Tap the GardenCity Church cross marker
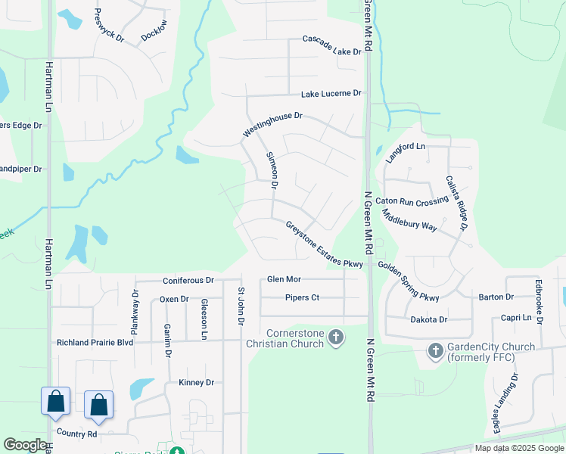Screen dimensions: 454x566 point(435,350)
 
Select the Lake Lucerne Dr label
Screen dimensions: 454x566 point(331,94)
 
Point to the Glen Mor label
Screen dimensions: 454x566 point(285,280)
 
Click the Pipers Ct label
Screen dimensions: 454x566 point(302,298)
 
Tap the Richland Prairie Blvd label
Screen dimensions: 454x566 point(95,342)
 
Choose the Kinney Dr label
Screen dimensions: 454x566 point(197,383)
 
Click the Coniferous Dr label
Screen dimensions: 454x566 point(188,281)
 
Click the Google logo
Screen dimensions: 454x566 point(25,445)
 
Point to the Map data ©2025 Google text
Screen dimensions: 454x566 point(518,448)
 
